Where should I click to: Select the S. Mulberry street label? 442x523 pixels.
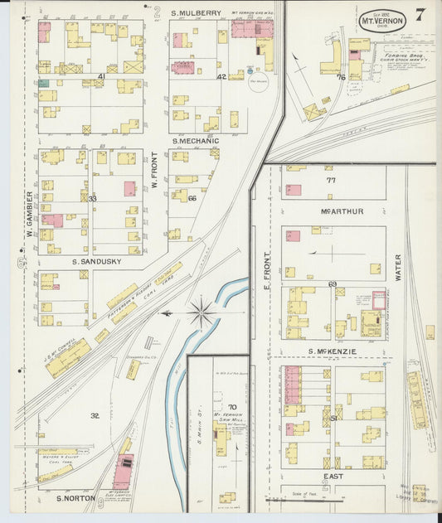197,13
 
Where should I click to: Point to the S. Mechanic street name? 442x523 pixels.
196,141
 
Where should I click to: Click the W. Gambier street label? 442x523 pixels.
28,214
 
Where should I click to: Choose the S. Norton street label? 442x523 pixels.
73,498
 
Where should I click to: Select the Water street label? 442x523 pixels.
398,268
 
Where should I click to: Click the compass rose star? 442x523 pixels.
200,313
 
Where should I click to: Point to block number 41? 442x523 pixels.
101,77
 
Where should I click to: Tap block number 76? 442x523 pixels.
341,77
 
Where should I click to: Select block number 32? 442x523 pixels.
95,415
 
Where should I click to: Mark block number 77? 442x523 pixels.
331,179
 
